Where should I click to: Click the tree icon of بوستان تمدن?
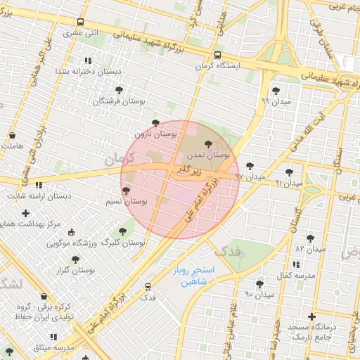[207, 143]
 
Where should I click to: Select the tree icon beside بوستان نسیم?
[127, 191]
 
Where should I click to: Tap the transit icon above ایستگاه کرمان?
[217, 54]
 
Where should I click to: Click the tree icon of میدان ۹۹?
[276, 90]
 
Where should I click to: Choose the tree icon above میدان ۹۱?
[289, 172]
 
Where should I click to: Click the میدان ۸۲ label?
[310, 249]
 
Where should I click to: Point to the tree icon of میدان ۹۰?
[259, 283]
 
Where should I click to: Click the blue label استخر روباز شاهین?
[195, 276]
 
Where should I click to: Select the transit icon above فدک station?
[148, 287]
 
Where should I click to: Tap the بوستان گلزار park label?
[77, 270]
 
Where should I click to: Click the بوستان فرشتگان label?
[120, 101]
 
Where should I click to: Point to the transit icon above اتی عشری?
[81, 22]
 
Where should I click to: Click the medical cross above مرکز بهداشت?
[26, 213]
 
